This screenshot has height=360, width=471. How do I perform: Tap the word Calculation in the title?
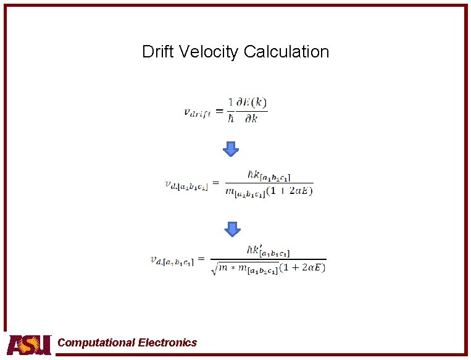coord(286,51)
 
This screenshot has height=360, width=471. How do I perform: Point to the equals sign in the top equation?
coord(219,111)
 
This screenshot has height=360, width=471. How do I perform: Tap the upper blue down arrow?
coord(230,148)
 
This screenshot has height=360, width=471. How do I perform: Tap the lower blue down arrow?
coord(231,228)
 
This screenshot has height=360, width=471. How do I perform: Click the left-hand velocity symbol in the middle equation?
coord(186,185)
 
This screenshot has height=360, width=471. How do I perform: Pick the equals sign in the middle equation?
coord(216,183)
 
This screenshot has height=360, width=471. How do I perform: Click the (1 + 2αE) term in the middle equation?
coord(290,191)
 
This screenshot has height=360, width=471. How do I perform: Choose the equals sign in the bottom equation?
coord(201,259)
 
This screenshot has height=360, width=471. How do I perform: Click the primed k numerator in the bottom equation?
coord(268,251)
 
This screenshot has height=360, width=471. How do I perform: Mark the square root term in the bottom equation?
coord(244,268)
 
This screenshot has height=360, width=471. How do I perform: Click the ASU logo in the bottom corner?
coord(28,344)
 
